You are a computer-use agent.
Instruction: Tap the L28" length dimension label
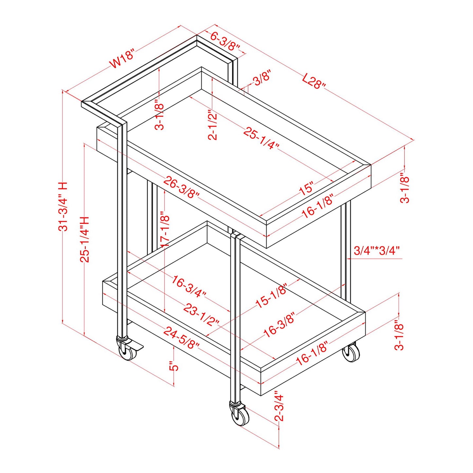(314, 81)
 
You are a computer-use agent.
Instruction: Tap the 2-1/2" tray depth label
(213, 125)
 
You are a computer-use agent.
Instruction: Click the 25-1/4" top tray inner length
(262, 138)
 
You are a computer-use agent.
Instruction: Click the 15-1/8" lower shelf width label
(271, 296)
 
